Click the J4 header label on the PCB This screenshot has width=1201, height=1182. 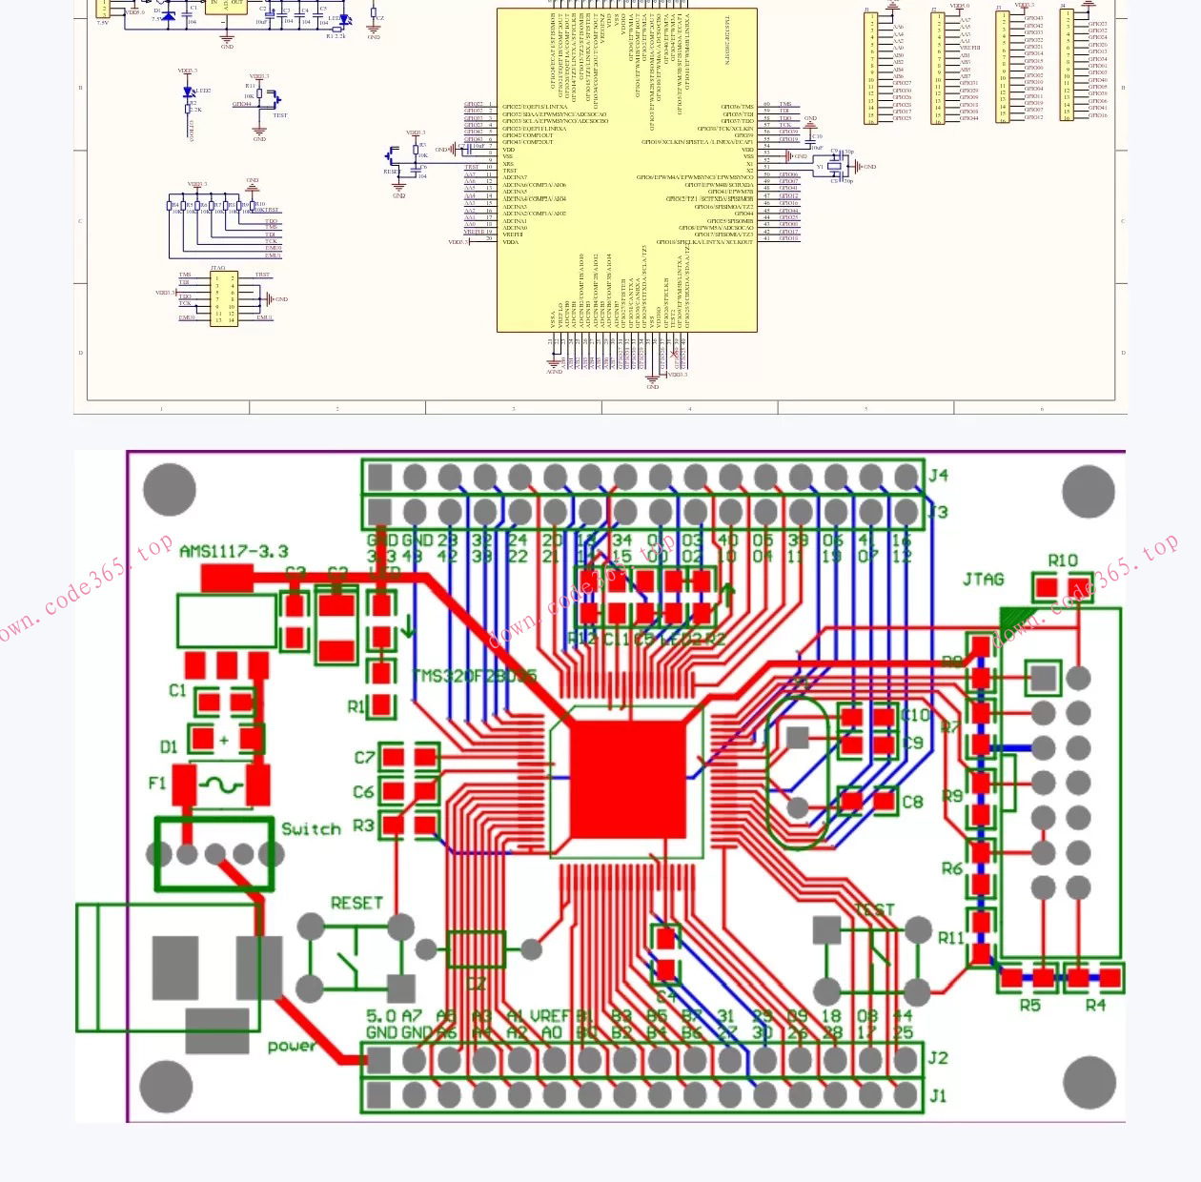tap(938, 475)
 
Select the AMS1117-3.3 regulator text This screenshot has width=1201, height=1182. tap(234, 551)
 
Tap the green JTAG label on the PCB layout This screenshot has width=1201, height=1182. tap(983, 579)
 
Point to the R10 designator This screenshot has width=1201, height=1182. tap(1062, 560)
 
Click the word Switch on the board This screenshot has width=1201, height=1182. tap(311, 828)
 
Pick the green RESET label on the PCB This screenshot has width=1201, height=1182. tap(356, 903)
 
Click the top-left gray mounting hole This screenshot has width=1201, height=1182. tap(170, 490)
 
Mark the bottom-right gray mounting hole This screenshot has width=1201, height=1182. tap(1088, 1083)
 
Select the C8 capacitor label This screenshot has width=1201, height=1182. tap(912, 802)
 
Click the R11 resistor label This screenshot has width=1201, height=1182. tap(950, 938)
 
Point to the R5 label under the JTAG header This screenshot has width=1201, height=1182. tap(1030, 1005)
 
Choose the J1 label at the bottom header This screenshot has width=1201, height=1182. tap(938, 1095)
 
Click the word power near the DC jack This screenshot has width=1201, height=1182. tap(291, 1046)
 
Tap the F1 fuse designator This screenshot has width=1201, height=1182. tap(157, 783)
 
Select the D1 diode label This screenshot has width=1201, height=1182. tap(169, 746)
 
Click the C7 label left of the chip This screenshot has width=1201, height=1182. tap(364, 758)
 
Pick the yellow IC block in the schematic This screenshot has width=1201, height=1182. tap(627, 172)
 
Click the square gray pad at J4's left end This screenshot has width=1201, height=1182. tap(379, 477)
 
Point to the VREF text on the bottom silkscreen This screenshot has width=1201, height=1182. tap(550, 1016)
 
